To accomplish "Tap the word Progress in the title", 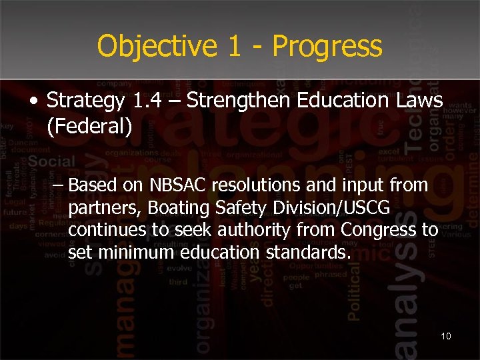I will pos(327,47).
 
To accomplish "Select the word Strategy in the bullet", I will pos(86,102).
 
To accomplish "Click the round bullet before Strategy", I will pos(34,102).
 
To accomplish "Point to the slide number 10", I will pos(446,335).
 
